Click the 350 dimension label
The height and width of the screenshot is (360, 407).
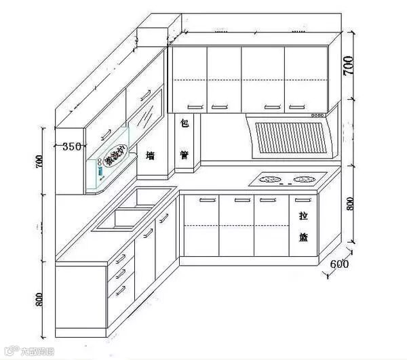(72, 146)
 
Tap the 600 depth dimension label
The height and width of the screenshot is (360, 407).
(338, 264)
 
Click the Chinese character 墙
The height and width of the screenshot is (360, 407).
(151, 156)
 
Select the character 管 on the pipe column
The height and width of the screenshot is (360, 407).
(184, 155)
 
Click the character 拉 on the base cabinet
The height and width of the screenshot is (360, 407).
(303, 216)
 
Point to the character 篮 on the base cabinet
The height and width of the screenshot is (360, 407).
(303, 237)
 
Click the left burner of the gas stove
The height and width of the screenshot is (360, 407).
(269, 180)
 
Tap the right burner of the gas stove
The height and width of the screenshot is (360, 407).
(303, 180)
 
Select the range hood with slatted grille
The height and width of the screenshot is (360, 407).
(288, 138)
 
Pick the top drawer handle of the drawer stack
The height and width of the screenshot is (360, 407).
(120, 259)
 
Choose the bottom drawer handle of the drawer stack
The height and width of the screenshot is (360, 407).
(120, 291)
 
